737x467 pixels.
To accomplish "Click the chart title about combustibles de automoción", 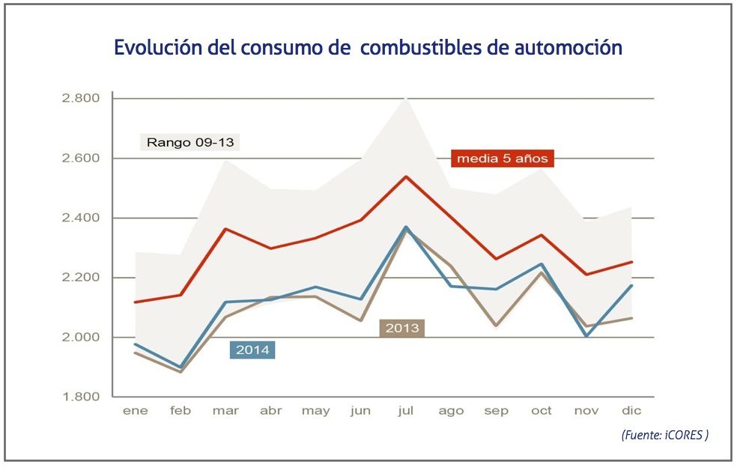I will pos(368,48).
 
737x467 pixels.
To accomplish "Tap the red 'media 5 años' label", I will pos(503,159).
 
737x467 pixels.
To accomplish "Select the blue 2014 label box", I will pos(252,350).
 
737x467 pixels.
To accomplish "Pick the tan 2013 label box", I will pos(403,328).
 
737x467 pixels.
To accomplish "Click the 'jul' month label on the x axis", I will pos(405,411).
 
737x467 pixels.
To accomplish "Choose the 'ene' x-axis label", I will pos(135,411).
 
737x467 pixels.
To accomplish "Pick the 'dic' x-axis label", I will pos(631,411).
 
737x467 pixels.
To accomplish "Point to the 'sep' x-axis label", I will pos(496,411).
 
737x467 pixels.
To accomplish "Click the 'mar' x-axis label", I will pos(225,411).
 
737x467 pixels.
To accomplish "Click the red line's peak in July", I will pos(405,177).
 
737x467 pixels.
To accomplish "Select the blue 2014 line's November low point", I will pos(586,337).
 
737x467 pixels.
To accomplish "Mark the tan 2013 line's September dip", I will pos(496,327).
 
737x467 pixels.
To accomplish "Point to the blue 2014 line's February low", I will pos(180,368).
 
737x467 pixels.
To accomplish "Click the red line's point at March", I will pos(225,229).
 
